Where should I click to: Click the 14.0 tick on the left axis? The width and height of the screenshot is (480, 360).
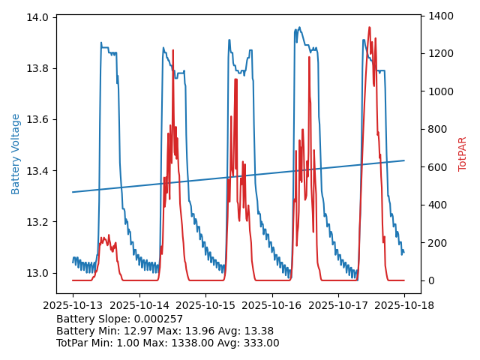pos(39,17)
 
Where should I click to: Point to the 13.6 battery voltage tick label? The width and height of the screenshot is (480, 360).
pos(39,120)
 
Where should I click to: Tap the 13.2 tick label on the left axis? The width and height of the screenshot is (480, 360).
pos(39,222)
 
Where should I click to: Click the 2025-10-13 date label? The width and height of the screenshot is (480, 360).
pos(73,305)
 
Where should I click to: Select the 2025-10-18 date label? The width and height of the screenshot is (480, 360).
pos(404,305)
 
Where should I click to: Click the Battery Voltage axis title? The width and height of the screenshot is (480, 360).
pos(16,154)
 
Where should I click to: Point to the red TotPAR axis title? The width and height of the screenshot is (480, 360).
pos(463,154)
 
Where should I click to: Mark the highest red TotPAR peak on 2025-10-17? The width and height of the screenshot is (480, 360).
pos(369,28)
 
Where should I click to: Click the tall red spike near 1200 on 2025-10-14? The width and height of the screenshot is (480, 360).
pos(173,51)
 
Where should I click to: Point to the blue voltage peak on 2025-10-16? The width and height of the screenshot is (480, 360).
pos(299,28)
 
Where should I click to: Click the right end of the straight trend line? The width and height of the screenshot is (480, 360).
pos(404,160)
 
